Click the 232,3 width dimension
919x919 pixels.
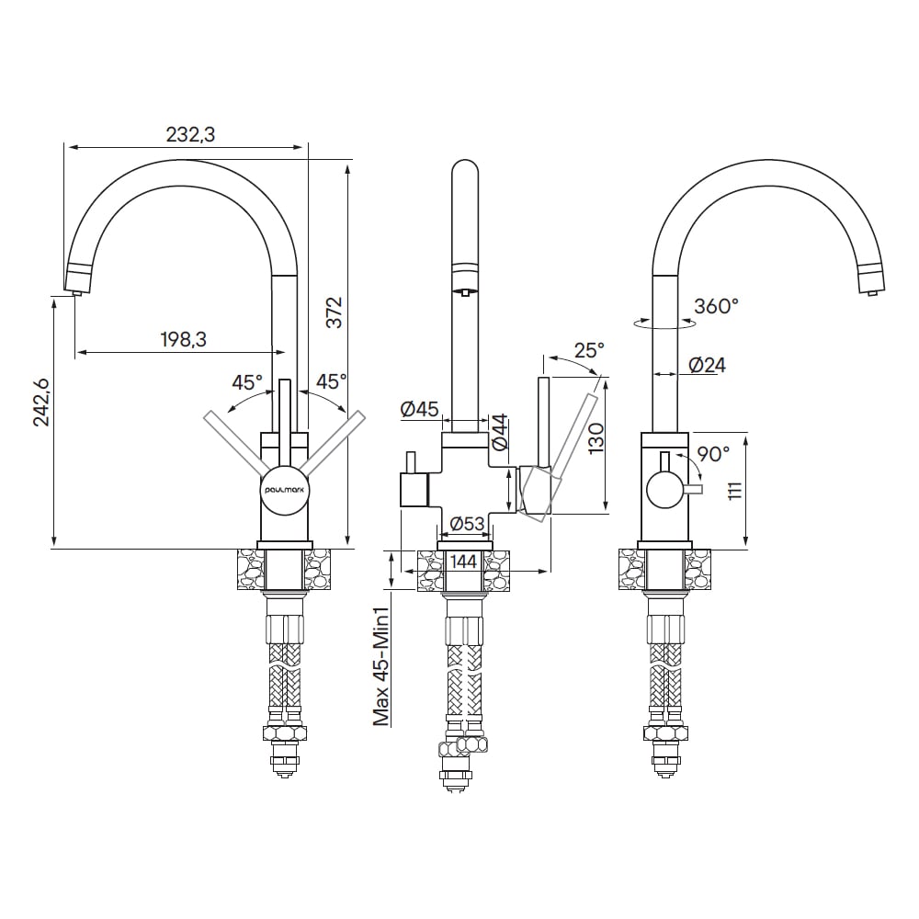click(x=190, y=134)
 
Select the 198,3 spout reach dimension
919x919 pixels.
click(x=184, y=339)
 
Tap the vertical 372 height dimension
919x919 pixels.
click(x=334, y=312)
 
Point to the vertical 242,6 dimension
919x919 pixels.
click(x=41, y=402)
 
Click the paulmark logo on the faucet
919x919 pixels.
click(x=284, y=489)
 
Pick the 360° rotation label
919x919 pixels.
click(x=716, y=306)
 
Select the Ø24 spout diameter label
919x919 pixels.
click(x=708, y=365)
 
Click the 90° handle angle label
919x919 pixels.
click(x=713, y=454)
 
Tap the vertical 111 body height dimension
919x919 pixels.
click(x=735, y=491)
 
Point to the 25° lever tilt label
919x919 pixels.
click(x=588, y=350)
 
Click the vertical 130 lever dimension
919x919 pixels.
click(x=596, y=439)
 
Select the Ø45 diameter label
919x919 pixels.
click(x=420, y=409)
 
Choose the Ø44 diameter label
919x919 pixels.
click(x=500, y=433)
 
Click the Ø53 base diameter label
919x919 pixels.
click(x=467, y=523)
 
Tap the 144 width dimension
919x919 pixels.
click(x=463, y=562)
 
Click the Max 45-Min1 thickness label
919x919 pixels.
click(x=381, y=666)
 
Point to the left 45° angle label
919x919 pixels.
click(x=246, y=382)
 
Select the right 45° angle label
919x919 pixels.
click(x=331, y=381)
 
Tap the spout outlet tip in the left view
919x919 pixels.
click(x=76, y=292)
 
